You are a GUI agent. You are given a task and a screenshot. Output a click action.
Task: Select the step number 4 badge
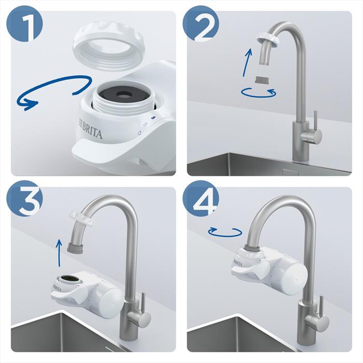tap(201, 199)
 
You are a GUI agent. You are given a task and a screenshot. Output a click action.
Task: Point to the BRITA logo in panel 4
tap(237, 262)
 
